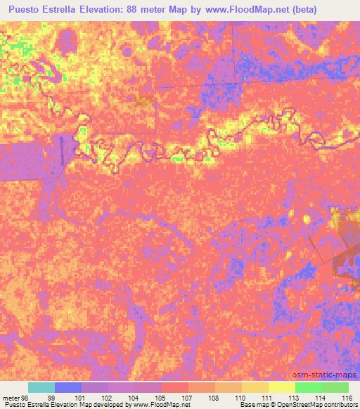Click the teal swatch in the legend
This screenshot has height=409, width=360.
pos(41,387)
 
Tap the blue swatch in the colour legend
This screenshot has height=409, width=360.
pos(68,387)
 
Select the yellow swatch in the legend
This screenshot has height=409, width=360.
pos(281,387)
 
